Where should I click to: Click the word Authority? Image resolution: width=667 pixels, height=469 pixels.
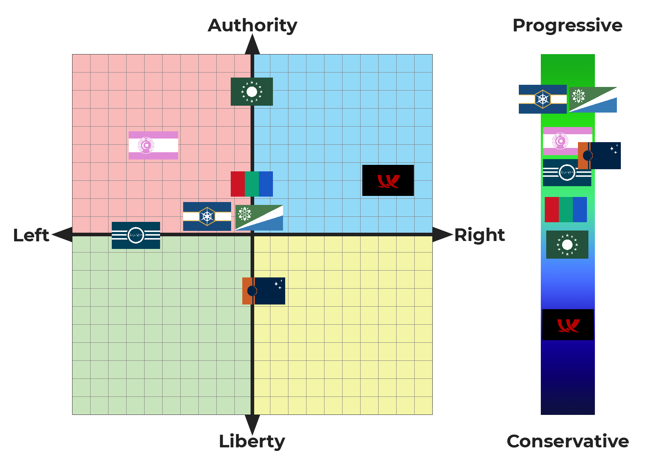pos(252,26)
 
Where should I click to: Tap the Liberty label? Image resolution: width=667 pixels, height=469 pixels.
pos(252,441)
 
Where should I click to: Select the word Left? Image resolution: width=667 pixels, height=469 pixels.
pos(31,235)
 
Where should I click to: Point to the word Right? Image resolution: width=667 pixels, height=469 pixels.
pos(479,235)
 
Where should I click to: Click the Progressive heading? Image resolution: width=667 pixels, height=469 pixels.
pos(567,26)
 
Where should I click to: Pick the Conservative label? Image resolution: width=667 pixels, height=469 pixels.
pos(567,441)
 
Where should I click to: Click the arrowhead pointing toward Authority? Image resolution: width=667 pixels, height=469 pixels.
pos(252,45)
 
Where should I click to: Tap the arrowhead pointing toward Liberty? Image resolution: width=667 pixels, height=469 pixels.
pos(252,424)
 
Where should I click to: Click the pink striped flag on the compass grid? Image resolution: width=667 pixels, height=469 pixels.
pos(153,145)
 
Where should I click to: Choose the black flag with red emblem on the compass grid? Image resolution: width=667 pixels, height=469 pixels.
pos(388,180)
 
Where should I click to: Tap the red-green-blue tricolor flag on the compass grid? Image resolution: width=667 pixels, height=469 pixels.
pos(252,184)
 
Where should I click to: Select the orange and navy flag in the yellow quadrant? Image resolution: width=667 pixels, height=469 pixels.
pos(264,291)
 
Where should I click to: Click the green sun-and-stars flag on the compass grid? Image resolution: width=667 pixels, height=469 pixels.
pos(252,92)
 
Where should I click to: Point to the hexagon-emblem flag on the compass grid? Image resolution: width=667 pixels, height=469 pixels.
pos(207,216)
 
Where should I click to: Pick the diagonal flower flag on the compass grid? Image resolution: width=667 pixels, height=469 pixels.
pos(259,218)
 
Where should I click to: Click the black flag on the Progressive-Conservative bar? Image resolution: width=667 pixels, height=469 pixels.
pos(568,325)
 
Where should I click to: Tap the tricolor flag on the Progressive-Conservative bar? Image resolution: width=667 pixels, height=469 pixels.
pos(566,210)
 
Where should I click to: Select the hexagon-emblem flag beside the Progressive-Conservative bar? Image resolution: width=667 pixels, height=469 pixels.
pos(543,99)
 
